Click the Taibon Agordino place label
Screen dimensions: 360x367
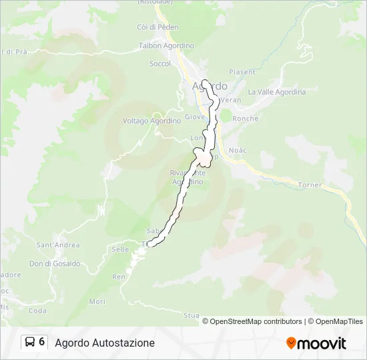pos(166,45)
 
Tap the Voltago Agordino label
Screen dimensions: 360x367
pos(151,121)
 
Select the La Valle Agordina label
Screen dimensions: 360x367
pos(276,92)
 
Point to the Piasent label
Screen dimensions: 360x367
pos(242,72)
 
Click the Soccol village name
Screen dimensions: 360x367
pos(160,64)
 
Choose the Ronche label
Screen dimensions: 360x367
pos(246,118)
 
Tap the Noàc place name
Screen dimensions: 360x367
pos(237,150)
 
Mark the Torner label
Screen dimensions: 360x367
pos(310,185)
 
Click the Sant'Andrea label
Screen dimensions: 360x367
pos(58,245)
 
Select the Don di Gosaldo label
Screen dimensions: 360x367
pos(55,263)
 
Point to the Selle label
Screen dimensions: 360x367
pos(120,249)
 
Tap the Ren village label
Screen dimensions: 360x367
pos(119,276)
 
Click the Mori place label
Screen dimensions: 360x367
pos(97,301)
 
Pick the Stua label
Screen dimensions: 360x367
pos(192,315)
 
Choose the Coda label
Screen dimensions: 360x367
pos(37,310)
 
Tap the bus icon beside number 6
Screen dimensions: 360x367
pos(30,342)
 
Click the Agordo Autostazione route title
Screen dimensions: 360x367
pos(105,343)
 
